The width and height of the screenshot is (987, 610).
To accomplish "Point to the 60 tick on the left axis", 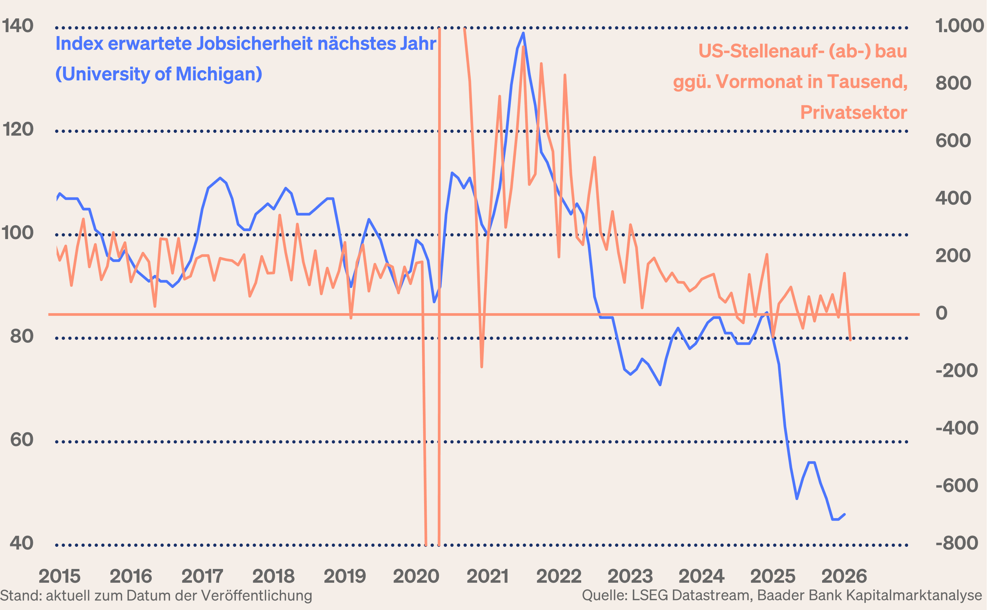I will pos(22,440).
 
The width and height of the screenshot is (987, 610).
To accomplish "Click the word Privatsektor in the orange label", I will pos(853,112).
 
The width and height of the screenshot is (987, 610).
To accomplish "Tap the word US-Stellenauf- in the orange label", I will pos(760,51).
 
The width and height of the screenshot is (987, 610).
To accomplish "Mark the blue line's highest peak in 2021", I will pos(523,33).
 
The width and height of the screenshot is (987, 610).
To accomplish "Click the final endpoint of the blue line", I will pos(844,514).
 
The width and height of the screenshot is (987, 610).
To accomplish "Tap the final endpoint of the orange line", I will pos(850,340).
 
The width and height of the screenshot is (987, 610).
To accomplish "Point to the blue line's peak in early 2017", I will pos(220,178).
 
